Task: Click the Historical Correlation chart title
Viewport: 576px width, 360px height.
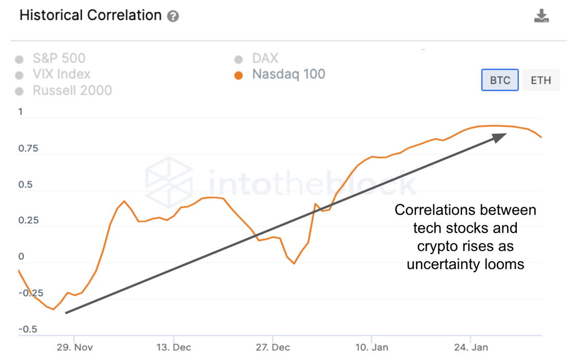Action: (x=91, y=15)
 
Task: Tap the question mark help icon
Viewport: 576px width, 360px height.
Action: (x=173, y=16)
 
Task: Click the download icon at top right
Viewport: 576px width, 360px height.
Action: (x=541, y=16)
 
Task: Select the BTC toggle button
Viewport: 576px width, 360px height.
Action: (x=500, y=80)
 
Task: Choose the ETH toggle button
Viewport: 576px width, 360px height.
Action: (x=541, y=80)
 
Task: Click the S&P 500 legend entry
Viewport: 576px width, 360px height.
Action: (x=59, y=59)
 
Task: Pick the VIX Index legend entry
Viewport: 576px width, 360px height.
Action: (x=61, y=75)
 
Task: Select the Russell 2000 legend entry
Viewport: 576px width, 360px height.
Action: (x=72, y=91)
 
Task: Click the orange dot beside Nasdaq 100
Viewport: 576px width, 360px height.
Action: (x=238, y=76)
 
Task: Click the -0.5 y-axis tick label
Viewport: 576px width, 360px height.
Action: (x=28, y=329)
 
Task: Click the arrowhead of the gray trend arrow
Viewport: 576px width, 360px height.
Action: (x=501, y=137)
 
